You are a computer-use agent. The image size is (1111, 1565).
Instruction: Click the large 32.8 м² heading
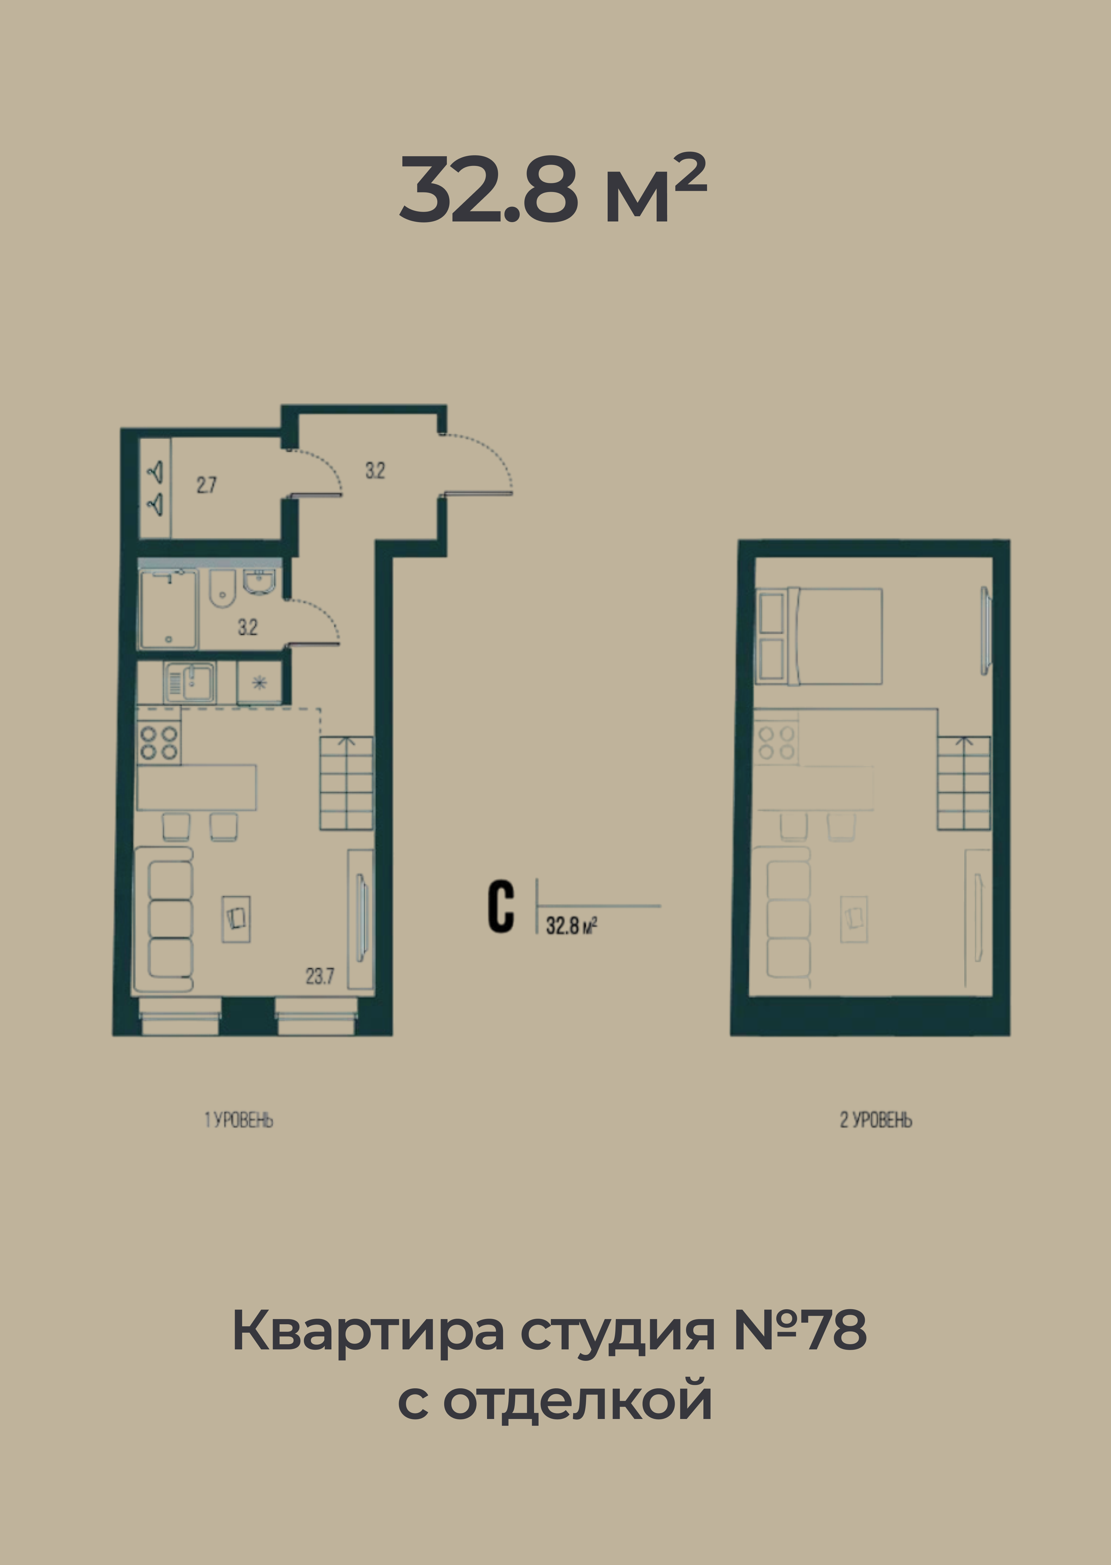[553, 189]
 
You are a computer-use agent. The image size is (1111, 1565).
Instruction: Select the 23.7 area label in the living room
[319, 976]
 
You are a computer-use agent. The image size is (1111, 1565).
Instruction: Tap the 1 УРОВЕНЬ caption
[239, 1120]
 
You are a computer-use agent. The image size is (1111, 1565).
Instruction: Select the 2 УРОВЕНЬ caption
[876, 1120]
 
